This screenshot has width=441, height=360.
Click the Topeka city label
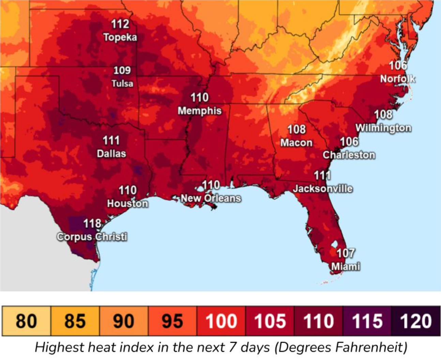tap(120, 37)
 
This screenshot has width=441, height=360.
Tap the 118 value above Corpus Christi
tap(92, 224)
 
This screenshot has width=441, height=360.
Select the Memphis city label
tap(200, 111)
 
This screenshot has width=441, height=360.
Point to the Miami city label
tap(346, 266)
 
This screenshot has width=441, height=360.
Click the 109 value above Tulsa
tap(122, 70)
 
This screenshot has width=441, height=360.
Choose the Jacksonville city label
tap(323, 189)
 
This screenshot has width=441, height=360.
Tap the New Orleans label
tap(211, 198)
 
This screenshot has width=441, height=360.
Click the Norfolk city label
tap(398, 79)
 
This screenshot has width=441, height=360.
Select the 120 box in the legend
tap(416, 321)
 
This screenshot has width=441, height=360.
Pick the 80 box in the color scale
tap(26, 321)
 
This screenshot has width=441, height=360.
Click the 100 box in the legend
tap(221, 321)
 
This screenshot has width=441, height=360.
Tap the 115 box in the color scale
tap(367, 321)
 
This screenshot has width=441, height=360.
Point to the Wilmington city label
tap(383, 128)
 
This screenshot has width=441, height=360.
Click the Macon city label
tap(296, 142)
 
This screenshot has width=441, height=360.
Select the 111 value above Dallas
tap(111, 140)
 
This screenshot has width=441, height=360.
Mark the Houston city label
tap(127, 204)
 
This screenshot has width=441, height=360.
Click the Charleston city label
tap(349, 155)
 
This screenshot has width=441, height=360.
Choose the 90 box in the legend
tap(124, 321)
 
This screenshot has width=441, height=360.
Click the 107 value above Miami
tap(346, 253)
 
